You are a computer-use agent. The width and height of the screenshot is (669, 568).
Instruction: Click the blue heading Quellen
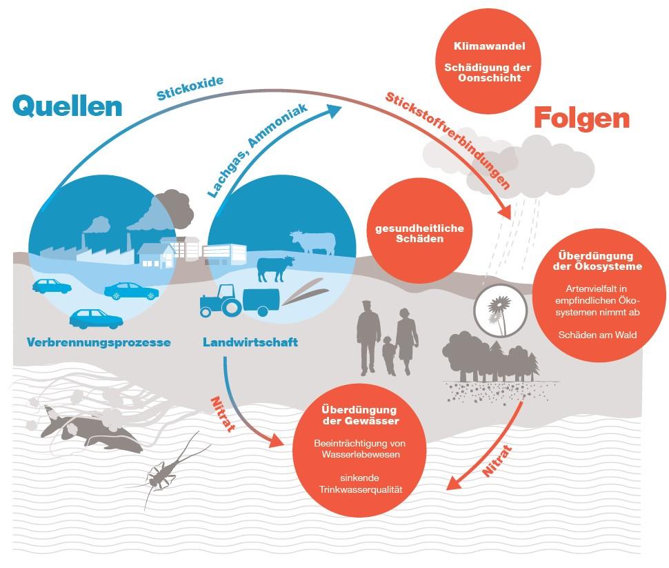67,106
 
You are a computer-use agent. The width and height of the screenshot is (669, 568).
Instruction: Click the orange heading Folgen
581,118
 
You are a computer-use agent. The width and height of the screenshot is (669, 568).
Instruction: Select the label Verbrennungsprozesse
99,342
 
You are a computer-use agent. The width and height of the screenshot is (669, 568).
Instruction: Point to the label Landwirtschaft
250,342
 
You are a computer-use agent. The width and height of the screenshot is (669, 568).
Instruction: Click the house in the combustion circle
154,254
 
